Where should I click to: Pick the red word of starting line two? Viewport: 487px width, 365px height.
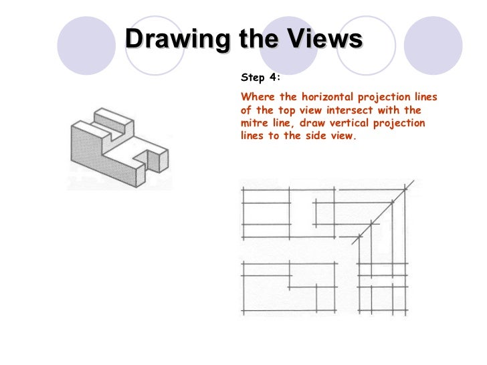(245, 110)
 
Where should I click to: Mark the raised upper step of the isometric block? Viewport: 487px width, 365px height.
(110, 120)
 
